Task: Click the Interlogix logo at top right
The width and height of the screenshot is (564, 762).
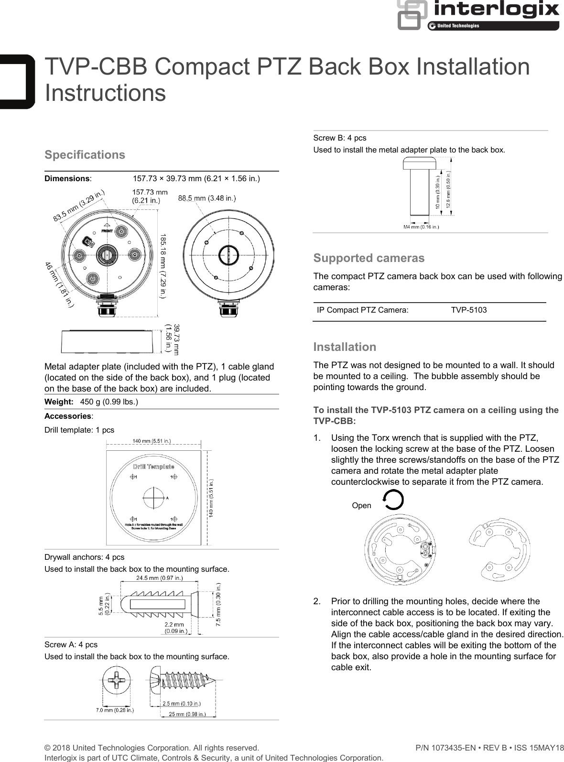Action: click(x=478, y=14)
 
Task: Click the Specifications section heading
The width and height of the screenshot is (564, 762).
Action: click(x=85, y=155)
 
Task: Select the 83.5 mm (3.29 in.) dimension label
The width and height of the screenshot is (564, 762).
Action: click(x=78, y=206)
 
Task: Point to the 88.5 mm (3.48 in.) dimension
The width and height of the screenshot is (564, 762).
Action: click(x=206, y=198)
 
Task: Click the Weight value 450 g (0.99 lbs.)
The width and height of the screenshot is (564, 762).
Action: click(x=109, y=402)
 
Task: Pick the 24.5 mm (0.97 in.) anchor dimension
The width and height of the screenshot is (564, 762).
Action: click(x=159, y=577)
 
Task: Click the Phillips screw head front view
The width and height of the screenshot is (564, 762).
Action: click(x=117, y=680)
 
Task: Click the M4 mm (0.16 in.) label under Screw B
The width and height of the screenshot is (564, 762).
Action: click(x=420, y=227)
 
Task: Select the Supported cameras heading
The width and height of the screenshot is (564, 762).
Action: click(x=369, y=258)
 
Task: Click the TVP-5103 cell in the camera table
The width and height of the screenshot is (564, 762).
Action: click(x=468, y=310)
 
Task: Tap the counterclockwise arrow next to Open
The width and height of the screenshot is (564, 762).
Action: click(x=393, y=501)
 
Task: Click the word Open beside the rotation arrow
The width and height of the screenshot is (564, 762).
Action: click(x=361, y=505)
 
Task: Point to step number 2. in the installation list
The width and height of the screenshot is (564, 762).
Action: click(x=317, y=601)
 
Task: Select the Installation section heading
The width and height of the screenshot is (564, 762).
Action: click(x=344, y=347)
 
